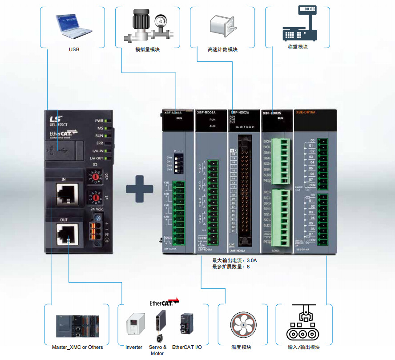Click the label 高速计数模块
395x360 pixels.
pos(222,49)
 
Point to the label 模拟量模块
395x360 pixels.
pos(147,49)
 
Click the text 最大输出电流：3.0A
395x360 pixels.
pos(234,260)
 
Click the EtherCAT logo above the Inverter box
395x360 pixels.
pos(164,302)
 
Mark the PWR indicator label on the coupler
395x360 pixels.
pos(99,121)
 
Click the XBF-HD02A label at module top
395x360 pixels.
pos(238,113)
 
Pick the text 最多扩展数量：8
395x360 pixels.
pos(231,267)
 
